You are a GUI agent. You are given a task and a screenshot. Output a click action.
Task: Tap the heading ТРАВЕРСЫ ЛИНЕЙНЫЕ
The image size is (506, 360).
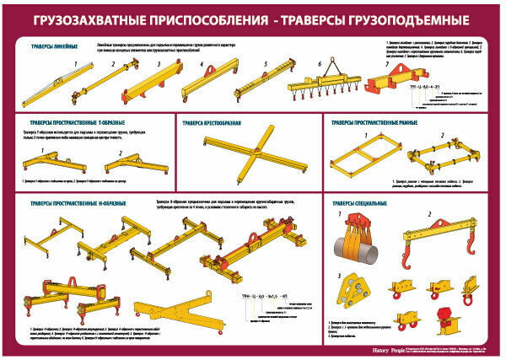(x=52, y=46)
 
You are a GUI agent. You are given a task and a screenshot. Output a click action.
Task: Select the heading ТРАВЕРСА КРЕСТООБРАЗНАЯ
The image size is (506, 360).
(x=213, y=124)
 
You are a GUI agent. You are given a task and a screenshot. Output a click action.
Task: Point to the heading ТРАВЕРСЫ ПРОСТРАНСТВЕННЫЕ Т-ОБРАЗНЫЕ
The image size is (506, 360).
(x=71, y=124)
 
